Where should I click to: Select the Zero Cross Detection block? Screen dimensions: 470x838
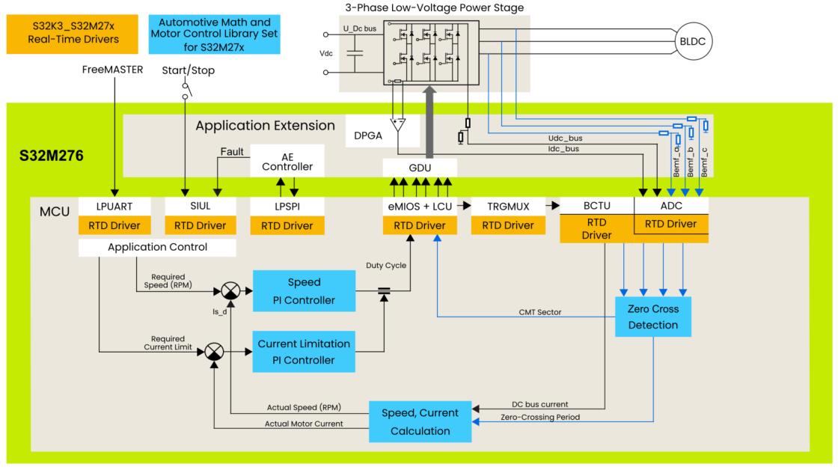click(x=653, y=317)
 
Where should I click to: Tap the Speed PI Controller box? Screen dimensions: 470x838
click(x=304, y=291)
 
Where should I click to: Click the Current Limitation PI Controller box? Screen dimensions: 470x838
click(x=304, y=352)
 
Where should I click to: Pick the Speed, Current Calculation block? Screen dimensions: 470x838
click(x=420, y=421)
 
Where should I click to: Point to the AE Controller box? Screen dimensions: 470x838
click(x=287, y=161)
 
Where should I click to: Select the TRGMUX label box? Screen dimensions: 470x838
click(x=508, y=206)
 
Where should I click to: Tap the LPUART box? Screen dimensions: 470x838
click(x=114, y=206)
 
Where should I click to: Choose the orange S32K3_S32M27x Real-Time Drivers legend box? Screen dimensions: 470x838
click(x=73, y=34)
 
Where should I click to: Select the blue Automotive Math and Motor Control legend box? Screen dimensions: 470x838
click(x=214, y=34)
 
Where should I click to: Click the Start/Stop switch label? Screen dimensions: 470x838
click(x=188, y=70)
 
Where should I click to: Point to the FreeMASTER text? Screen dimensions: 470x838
click(x=113, y=70)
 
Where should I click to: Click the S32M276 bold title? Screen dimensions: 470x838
click(x=52, y=156)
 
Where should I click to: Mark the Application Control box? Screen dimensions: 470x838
click(x=157, y=247)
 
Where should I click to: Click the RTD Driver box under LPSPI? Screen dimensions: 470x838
click(x=287, y=225)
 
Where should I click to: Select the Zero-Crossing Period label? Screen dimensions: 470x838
click(x=540, y=417)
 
